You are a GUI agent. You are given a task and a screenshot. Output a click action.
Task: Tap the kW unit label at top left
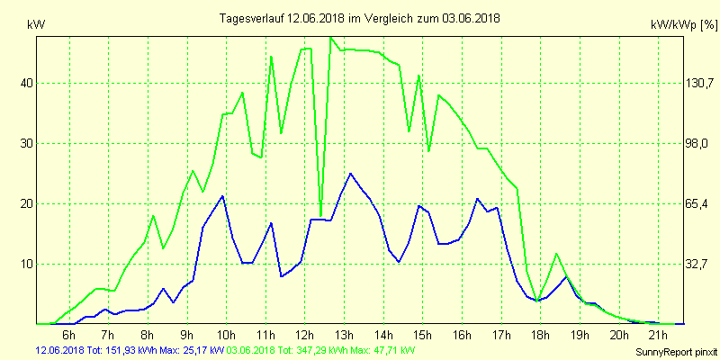(37, 25)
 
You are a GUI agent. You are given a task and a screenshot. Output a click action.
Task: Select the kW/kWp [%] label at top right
(682, 26)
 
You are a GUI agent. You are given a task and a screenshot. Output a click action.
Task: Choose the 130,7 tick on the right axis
(700, 83)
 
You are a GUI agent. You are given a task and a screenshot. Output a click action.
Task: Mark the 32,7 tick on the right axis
(700, 264)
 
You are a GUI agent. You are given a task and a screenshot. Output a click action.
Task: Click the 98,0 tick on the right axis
(700, 143)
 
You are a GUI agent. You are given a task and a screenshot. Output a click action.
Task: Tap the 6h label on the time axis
(68, 335)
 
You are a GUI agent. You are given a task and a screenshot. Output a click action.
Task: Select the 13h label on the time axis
(344, 335)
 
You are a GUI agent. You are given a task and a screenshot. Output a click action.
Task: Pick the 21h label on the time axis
(658, 335)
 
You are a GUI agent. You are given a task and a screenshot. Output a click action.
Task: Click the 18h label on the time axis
(540, 335)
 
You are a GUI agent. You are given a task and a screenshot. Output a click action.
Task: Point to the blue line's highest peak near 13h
(350, 173)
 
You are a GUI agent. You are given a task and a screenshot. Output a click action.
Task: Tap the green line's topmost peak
(331, 38)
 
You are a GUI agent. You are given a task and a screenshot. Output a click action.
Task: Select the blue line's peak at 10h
(222, 195)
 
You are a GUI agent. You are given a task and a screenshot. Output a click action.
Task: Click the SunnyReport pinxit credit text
(674, 350)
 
